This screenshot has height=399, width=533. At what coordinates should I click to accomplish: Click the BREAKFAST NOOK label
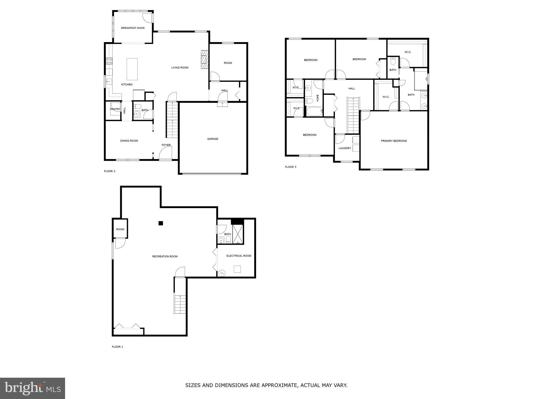[x=133, y=28]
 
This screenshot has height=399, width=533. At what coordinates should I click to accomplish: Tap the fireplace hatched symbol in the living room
[x=205, y=59]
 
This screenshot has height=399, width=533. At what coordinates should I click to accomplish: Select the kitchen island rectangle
[x=132, y=69]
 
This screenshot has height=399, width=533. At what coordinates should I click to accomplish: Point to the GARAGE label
[x=213, y=139]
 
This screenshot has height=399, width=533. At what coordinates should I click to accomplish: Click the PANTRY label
[x=115, y=109]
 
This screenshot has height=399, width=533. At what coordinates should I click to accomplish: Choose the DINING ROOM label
[x=129, y=141]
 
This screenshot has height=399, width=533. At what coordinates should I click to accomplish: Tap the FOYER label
[x=166, y=145]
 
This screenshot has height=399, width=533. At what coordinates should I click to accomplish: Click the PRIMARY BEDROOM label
[x=394, y=141]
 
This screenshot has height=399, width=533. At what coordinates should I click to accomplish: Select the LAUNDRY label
[x=345, y=148]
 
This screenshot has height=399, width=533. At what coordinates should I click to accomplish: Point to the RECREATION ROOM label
[x=165, y=257]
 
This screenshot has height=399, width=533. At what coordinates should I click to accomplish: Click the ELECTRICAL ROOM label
[x=239, y=256]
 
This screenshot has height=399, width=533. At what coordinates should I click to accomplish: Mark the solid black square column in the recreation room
[x=161, y=223]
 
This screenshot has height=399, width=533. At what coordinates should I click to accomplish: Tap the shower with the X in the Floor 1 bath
[x=238, y=234]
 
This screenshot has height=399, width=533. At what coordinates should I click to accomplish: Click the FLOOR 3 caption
[x=290, y=167]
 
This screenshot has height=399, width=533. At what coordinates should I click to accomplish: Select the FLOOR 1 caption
[x=117, y=347]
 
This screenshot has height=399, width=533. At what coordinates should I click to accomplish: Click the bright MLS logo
[x=33, y=388]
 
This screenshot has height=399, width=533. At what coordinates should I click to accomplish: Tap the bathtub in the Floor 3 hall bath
[x=314, y=111]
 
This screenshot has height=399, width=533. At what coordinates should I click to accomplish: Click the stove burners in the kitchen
[x=109, y=61]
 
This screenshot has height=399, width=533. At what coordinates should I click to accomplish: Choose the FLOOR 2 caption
[x=110, y=171]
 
